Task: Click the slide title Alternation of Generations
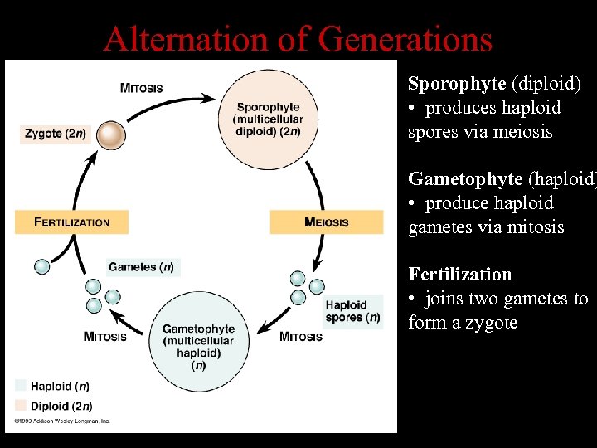pyautogui.click(x=298, y=38)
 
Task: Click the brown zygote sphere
pyautogui.click(x=110, y=135)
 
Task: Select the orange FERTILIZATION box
pyautogui.click(x=72, y=222)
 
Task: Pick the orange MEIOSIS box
pyautogui.click(x=327, y=222)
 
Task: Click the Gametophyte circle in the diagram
pyautogui.click(x=199, y=341)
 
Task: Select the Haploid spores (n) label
pyautogui.click(x=352, y=312)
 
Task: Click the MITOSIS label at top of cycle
pyautogui.click(x=142, y=89)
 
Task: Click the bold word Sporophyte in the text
pyautogui.click(x=457, y=84)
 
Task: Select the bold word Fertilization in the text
pyautogui.click(x=460, y=275)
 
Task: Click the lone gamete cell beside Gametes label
pyautogui.click(x=41, y=266)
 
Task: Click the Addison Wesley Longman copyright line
pyautogui.click(x=61, y=421)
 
